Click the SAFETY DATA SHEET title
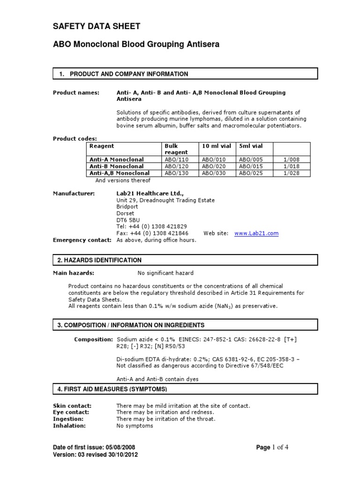point(96,26)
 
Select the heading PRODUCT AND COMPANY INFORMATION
point(129,74)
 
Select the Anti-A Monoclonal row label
point(117,159)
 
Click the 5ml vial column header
point(251,146)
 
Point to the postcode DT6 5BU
point(127,220)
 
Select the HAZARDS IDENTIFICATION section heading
point(99,260)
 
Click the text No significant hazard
point(165,273)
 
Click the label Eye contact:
point(71,412)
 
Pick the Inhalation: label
point(69,426)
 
